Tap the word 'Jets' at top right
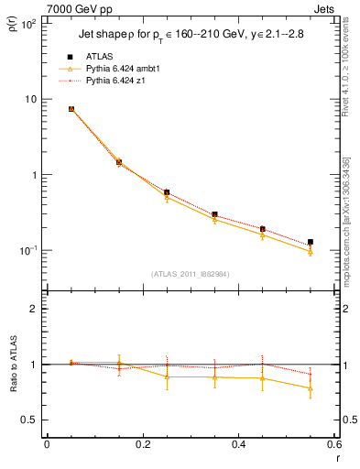tap(326, 10)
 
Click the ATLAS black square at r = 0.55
tap(311, 242)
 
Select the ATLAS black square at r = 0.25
tap(167, 192)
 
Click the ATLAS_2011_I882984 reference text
tap(190, 274)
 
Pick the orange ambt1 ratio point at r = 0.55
tap(311, 388)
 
